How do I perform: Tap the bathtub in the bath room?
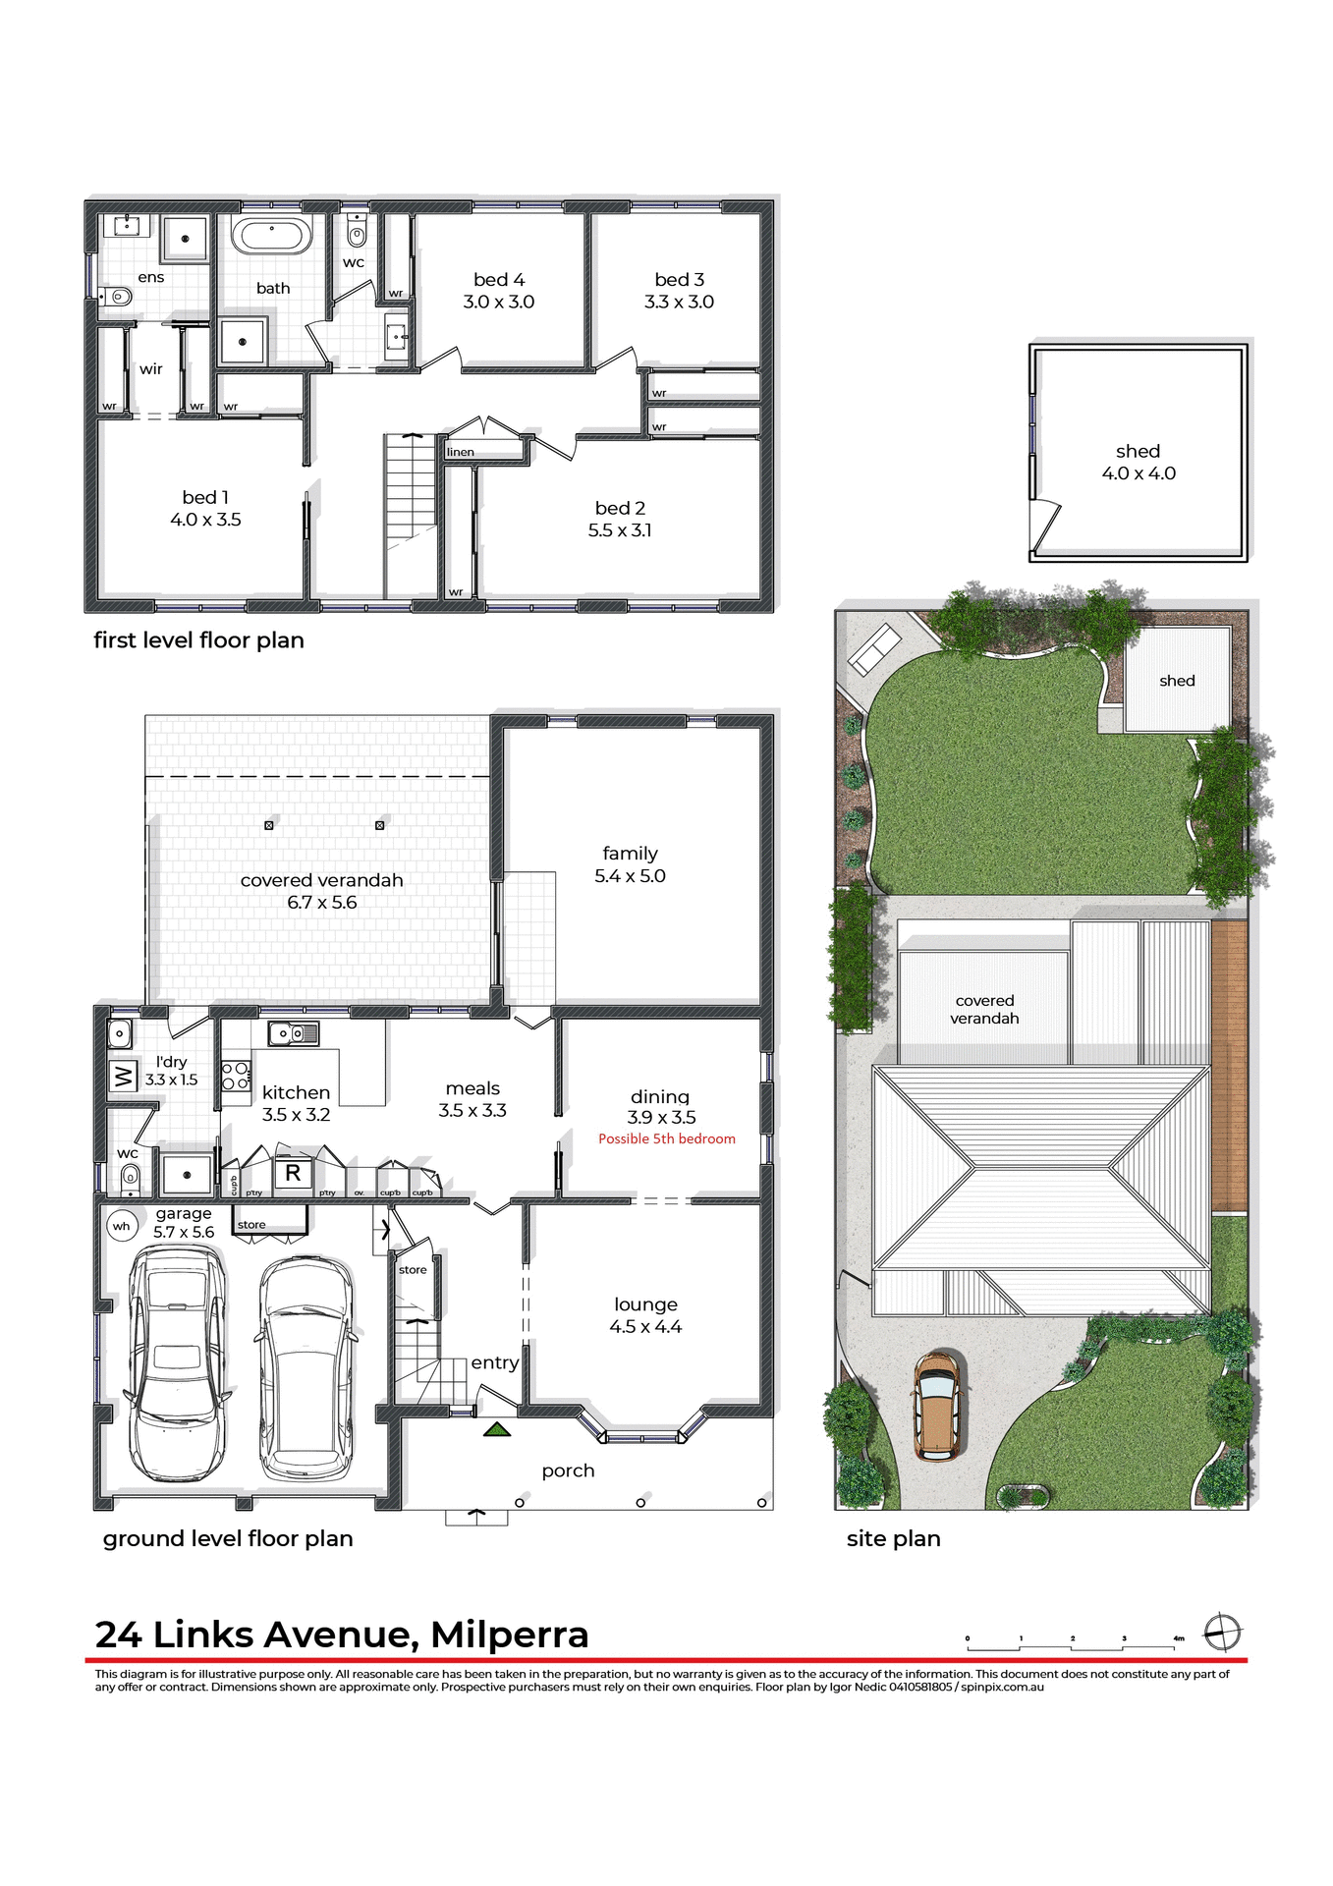(x=271, y=236)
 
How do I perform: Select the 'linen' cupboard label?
(x=461, y=452)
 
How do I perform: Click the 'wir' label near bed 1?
(x=150, y=369)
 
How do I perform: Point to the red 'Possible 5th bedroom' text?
(x=666, y=1138)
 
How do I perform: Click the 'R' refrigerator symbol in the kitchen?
(x=293, y=1173)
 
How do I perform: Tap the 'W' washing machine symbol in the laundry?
(x=123, y=1076)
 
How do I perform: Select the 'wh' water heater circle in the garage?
(x=122, y=1226)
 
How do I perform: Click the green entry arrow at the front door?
(x=497, y=1429)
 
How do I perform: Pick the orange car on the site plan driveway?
(x=937, y=1406)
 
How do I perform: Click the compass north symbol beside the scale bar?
(x=1223, y=1633)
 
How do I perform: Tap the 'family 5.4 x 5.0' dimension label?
(x=630, y=864)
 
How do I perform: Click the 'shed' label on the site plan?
(x=1177, y=681)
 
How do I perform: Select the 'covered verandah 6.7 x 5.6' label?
(x=322, y=891)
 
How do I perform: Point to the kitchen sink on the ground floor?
(x=292, y=1033)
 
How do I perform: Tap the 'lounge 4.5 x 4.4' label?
(x=645, y=1315)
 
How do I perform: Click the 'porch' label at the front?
(x=568, y=1470)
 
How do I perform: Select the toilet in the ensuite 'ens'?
(x=118, y=296)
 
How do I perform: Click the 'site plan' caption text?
(x=893, y=1538)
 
